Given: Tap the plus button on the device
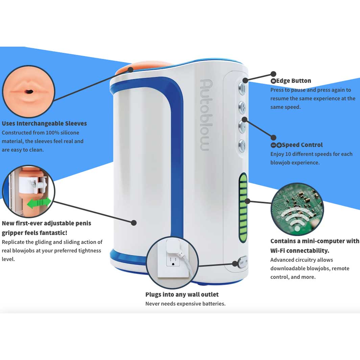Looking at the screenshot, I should (x=242, y=108).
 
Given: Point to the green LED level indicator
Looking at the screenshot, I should (x=243, y=208).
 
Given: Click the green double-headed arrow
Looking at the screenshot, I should (x=39, y=203).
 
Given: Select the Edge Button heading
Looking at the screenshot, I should (x=293, y=81).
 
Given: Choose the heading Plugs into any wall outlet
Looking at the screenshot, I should (x=182, y=294).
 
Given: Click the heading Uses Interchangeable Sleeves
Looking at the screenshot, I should (x=44, y=123).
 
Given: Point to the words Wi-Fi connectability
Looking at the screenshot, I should (x=299, y=250).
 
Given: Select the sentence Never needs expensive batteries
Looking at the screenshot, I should (x=185, y=304).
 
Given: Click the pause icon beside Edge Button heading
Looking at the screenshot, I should (x=273, y=81).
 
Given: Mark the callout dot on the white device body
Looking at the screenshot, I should (x=134, y=223).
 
